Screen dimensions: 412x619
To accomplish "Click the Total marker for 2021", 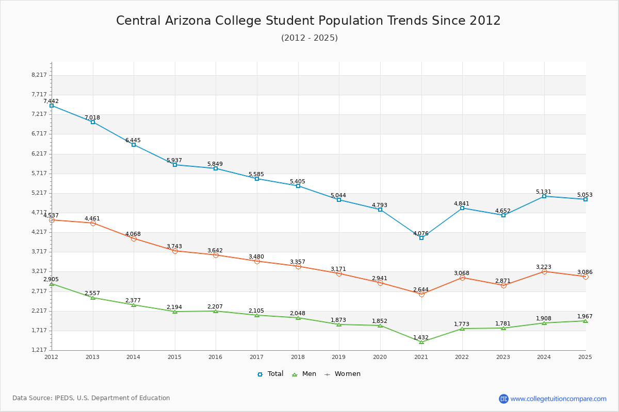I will coord(421,238).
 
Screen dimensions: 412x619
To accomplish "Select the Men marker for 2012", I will coord(52,284).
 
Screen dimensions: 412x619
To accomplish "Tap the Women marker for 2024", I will coord(544,271).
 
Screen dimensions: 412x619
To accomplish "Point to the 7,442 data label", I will coord(51,101).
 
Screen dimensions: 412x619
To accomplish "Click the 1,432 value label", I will coord(421,338).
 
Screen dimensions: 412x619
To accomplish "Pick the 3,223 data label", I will coord(544,267).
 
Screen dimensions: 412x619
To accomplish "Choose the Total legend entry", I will coord(271,374).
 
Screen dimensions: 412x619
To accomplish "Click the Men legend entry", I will coord(304,374).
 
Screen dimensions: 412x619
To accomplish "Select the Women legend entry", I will coord(343,374).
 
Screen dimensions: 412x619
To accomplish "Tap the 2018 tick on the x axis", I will coord(298,357).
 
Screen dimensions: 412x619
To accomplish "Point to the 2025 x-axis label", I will coord(585,357).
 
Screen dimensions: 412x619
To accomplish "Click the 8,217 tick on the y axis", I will coord(39,75).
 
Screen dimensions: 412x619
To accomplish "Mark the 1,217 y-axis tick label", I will coord(39,350).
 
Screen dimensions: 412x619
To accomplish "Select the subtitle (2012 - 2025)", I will coord(309,38).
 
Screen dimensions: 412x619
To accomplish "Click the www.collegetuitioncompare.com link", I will coord(558,399).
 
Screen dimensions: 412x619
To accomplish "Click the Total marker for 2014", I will coord(134,145).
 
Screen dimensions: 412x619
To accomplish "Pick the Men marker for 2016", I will coord(216,311).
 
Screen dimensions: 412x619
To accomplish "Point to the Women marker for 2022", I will coord(462,278).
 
